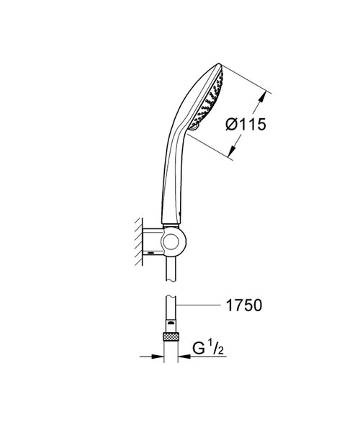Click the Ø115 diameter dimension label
pos(246,124)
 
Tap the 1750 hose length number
pos(244,305)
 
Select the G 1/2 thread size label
pos(207,348)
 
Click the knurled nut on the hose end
pos(171,336)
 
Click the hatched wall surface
pos(138,241)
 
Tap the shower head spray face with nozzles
pos(208,99)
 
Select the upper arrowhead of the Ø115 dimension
pos(263,96)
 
